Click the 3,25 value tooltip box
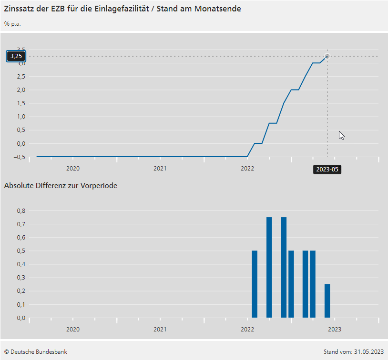(x=16, y=56)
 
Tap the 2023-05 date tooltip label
(x=327, y=169)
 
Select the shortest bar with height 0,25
(x=327, y=300)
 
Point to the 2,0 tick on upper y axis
(x=20, y=90)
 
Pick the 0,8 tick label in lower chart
(x=20, y=210)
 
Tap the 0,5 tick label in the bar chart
(x=20, y=250)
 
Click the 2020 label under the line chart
(x=72, y=169)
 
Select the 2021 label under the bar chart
(x=160, y=329)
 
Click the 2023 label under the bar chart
(x=335, y=329)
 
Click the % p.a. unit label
(x=12, y=23)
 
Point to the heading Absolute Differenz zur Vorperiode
(x=61, y=186)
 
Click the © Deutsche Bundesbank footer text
(x=35, y=352)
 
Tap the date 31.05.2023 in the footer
(x=368, y=352)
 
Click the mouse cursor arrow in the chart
(x=341, y=135)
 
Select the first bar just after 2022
(x=255, y=284)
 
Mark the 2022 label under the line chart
(x=247, y=169)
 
